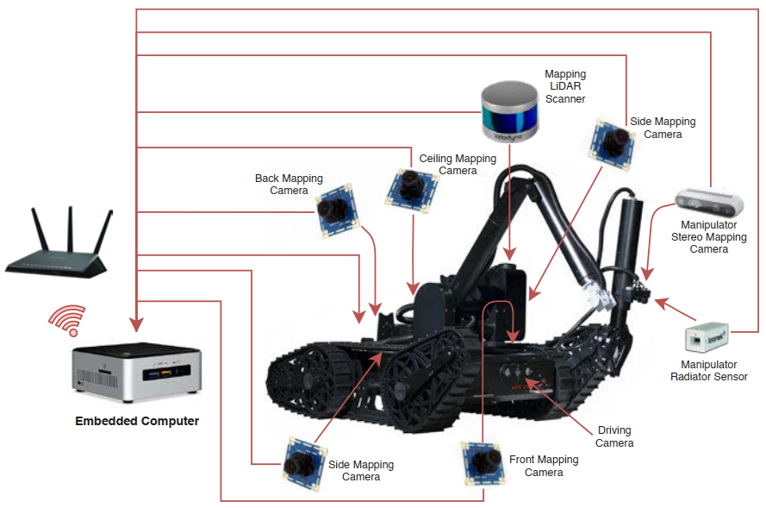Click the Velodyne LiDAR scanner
pyautogui.click(x=510, y=110)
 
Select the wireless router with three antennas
pyautogui.click(x=59, y=246)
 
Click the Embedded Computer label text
pyautogui.click(x=137, y=421)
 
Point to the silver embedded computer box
pyautogui.click(x=136, y=373)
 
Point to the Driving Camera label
pyautogui.click(x=614, y=436)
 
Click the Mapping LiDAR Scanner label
pyautogui.click(x=565, y=86)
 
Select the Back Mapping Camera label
pyautogui.click(x=289, y=185)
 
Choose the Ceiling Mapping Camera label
pyautogui.click(x=458, y=165)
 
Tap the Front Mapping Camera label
pyautogui.click(x=544, y=466)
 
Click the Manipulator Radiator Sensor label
pyautogui.click(x=709, y=371)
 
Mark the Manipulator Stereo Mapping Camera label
pyautogui.click(x=709, y=236)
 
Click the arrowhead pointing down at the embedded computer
pyautogui.click(x=136, y=325)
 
